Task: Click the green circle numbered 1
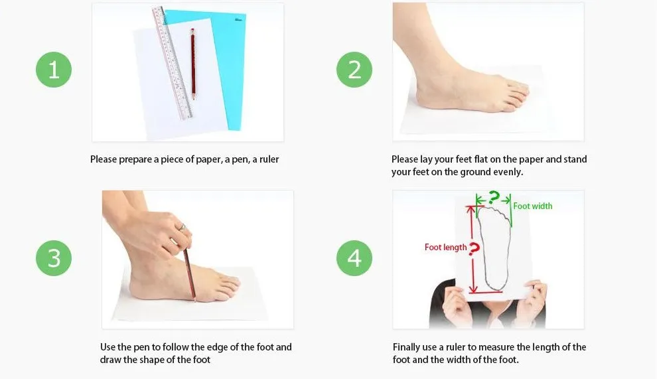pyautogui.click(x=54, y=70)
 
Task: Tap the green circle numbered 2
pyautogui.click(x=354, y=70)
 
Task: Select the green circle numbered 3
pyautogui.click(x=54, y=258)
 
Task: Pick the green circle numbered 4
pyautogui.click(x=354, y=258)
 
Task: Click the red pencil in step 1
pyautogui.click(x=192, y=64)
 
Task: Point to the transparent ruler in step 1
pyautogui.click(x=172, y=63)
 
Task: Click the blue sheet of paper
pyautogui.click(x=222, y=63)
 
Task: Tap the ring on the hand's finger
pyautogui.click(x=183, y=227)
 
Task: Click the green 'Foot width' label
pyautogui.click(x=532, y=206)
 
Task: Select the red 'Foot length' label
pyautogui.click(x=445, y=248)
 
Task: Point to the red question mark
pyautogui.click(x=474, y=249)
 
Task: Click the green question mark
pyautogui.click(x=494, y=197)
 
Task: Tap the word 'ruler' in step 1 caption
pyautogui.click(x=269, y=159)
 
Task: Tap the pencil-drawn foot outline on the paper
pyautogui.click(x=495, y=248)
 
